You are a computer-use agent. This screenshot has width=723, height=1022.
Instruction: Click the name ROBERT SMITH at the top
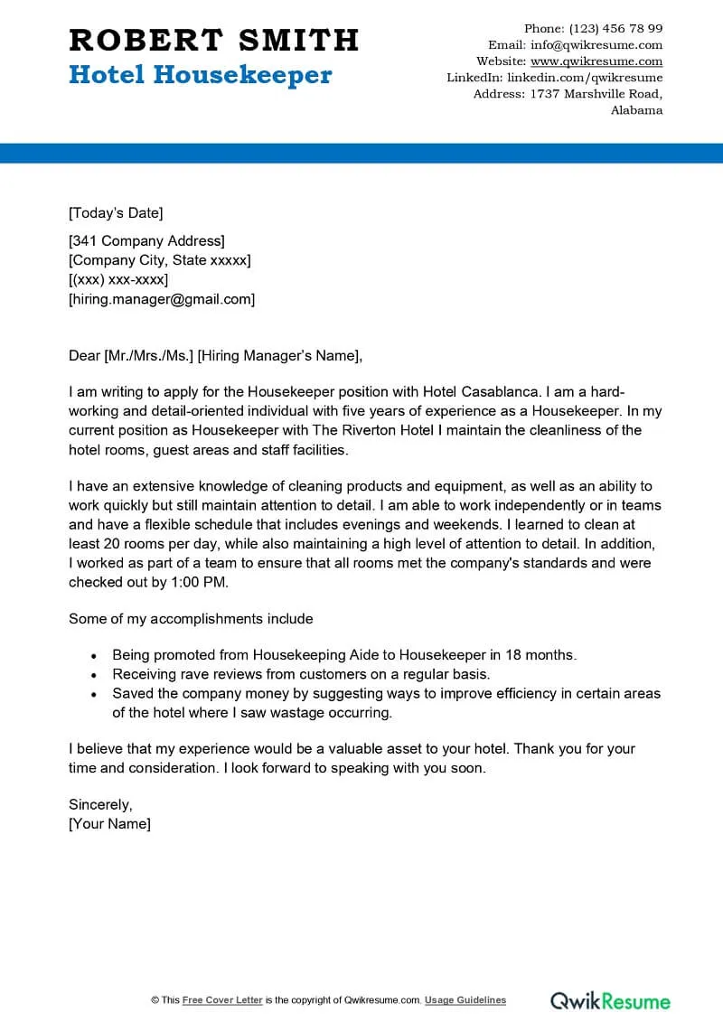pos(214,40)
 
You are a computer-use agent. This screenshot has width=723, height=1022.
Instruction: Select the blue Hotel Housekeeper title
pos(201,75)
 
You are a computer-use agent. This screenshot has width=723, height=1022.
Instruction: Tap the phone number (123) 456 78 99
pos(616,29)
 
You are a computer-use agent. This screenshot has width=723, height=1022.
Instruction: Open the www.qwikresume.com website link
pos(596,61)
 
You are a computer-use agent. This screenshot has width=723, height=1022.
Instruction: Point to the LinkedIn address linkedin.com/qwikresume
pos(585,78)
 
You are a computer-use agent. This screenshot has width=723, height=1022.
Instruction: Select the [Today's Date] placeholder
pos(116,213)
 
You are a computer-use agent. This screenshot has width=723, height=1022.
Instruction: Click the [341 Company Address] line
pos(146,240)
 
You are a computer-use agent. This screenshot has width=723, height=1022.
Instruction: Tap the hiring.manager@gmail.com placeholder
pos(162,299)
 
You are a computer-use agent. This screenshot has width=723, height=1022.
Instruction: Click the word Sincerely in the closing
pos(100,804)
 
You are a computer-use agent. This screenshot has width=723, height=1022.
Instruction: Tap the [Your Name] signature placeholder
pos(109,823)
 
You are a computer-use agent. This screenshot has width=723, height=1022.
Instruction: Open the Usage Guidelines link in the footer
pos(465,1000)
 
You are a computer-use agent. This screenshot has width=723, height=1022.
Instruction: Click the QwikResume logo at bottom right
pos(611,1000)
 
